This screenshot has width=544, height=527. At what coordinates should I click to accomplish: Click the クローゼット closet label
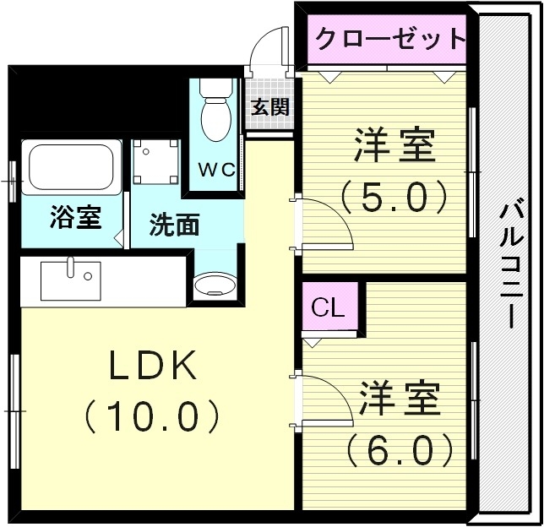390,38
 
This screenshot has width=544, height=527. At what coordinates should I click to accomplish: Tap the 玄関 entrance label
269,107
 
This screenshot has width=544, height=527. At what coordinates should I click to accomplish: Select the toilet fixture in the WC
216,114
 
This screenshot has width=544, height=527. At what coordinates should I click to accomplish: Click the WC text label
216,168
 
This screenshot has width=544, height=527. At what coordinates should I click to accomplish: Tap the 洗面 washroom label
175,225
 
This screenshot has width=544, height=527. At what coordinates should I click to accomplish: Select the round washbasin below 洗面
211,285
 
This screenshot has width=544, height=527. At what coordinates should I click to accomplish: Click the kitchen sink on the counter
70,280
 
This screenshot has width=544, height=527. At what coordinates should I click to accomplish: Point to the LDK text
152,365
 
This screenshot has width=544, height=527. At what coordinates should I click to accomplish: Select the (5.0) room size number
394,197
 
